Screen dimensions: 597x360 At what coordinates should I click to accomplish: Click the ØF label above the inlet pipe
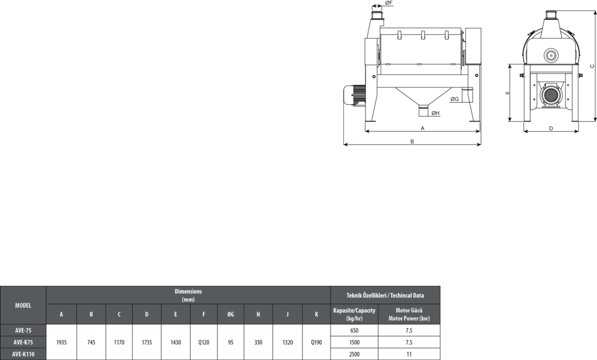(x=388, y=3)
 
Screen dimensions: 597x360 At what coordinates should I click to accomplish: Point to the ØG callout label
(x=455, y=99)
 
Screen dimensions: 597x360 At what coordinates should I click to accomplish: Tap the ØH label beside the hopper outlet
(x=436, y=113)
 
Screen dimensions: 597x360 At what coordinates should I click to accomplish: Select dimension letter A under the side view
(x=422, y=128)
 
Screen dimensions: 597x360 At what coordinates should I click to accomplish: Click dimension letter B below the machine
(x=412, y=141)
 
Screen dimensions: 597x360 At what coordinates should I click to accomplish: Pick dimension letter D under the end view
(x=551, y=128)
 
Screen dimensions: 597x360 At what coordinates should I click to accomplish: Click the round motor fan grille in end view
(x=550, y=95)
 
